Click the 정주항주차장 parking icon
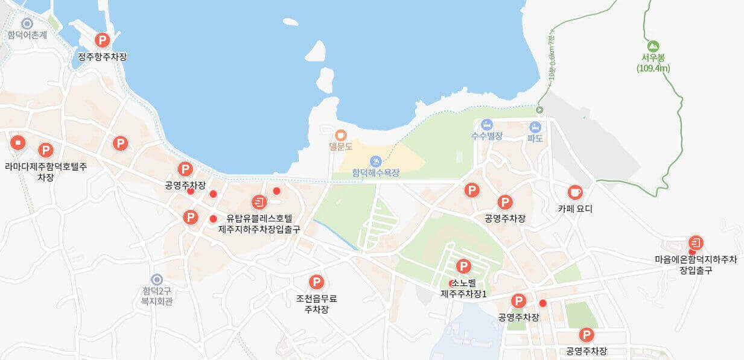tap(103, 40)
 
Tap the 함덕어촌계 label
tap(27, 35)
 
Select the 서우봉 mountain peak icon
tap(652, 46)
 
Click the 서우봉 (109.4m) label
tap(653, 63)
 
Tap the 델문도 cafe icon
tap(340, 134)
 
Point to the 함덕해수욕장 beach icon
tap(376, 161)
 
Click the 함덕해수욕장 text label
tap(376, 173)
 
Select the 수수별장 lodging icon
tap(487, 125)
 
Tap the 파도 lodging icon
tap(535, 127)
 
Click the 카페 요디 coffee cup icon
tap(575, 192)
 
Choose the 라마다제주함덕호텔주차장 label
tap(46, 171)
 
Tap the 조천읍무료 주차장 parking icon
tap(316, 282)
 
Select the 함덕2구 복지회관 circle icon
tap(157, 280)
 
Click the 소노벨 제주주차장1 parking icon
tap(463, 266)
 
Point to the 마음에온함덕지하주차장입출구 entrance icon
tap(696, 242)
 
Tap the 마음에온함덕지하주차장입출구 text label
tap(696, 265)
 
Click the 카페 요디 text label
tap(575, 209)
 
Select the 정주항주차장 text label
tap(103, 57)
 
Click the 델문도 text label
tap(340, 146)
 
